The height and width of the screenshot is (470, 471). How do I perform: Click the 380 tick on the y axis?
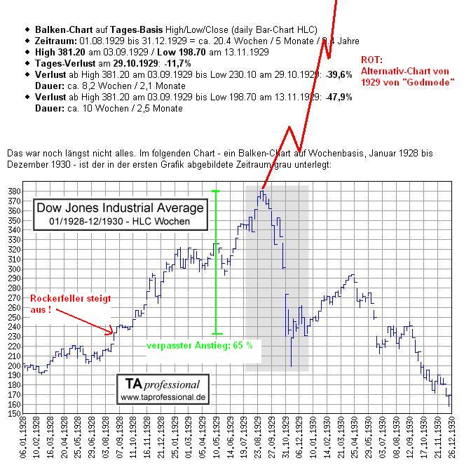click(14, 190)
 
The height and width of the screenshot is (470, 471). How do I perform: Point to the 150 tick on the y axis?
click(14, 414)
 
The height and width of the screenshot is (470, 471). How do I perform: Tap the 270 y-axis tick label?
click(14, 297)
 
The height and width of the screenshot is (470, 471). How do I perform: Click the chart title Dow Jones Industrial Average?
click(120, 208)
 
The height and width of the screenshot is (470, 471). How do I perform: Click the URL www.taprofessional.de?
click(162, 397)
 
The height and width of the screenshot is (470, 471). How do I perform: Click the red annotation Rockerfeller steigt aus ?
click(70, 304)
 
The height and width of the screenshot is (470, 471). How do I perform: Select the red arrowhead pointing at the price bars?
click(110, 330)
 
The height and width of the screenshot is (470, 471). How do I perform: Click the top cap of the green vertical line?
click(216, 191)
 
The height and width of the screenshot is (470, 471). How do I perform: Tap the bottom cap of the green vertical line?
click(217, 334)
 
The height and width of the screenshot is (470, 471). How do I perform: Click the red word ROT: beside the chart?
click(373, 60)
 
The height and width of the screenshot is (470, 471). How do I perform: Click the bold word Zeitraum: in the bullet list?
click(57, 41)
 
